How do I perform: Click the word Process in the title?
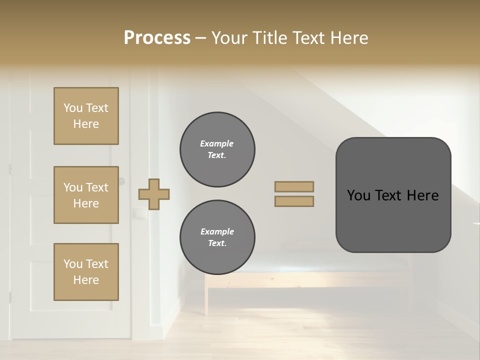157,38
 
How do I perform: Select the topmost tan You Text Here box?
86,116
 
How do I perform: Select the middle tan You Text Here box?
86,195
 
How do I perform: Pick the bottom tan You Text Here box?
86,271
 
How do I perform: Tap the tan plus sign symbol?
154,194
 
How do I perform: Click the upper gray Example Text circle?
217,149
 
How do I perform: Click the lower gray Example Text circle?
217,237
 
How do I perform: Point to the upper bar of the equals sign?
294,186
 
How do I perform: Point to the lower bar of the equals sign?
294,201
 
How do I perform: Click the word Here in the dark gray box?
422,195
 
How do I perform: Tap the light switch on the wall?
139,214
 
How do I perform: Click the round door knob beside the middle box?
122,181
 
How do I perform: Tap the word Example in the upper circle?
216,143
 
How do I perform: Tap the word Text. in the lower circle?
217,243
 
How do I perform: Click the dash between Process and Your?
201,38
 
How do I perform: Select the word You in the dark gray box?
358,195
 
